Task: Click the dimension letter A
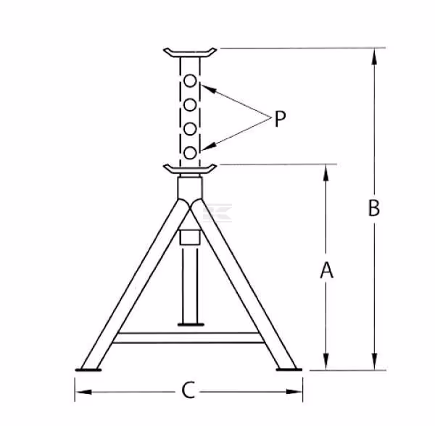tap(326, 270)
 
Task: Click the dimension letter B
tap(373, 208)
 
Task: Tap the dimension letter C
tap(188, 390)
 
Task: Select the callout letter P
tap(280, 119)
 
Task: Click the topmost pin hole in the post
tap(190, 81)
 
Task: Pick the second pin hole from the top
tap(190, 105)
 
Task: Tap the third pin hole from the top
tap(190, 129)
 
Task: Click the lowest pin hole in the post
tap(190, 153)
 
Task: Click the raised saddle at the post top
tap(190, 53)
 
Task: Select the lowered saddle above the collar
tap(190, 170)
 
